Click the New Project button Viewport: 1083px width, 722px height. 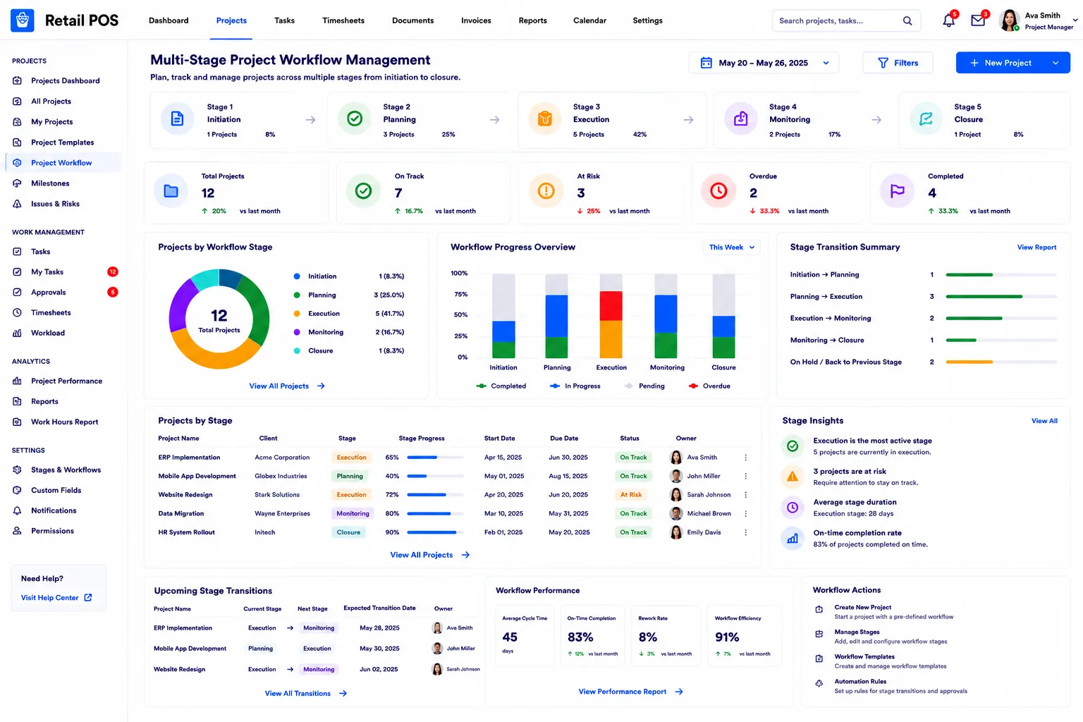1012,63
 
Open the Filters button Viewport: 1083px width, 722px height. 898,63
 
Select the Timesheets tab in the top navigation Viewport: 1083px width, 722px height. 343,20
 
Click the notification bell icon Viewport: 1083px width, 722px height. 948,20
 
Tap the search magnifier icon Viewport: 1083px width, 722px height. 907,20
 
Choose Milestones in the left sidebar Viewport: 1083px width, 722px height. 50,183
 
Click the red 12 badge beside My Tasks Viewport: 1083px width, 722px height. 113,271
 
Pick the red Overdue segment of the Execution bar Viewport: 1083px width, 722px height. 611,305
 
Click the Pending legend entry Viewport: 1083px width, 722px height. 644,386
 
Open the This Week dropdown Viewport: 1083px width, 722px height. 731,247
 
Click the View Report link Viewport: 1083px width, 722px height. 1036,247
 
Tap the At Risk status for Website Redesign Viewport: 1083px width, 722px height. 631,495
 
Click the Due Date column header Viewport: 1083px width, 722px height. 564,438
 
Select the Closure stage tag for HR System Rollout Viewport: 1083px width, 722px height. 348,532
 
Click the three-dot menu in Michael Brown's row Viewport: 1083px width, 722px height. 745,513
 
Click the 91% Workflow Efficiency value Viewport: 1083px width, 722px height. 727,637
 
